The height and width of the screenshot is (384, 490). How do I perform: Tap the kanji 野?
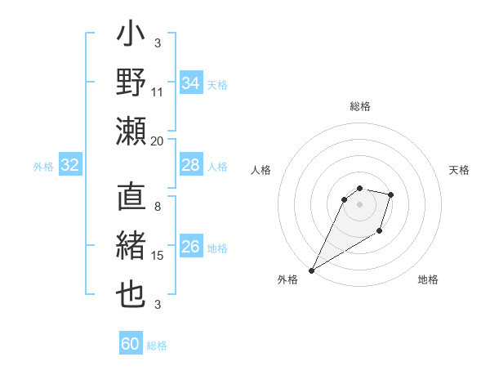[x=131, y=83]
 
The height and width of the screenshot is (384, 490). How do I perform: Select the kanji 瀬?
[x=131, y=131]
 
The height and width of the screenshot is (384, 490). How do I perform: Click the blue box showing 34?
[x=190, y=83]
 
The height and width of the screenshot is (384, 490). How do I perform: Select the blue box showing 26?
[x=190, y=248]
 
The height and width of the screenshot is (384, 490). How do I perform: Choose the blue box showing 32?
[x=70, y=166]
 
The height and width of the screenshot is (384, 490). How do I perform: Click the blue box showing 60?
[x=131, y=344]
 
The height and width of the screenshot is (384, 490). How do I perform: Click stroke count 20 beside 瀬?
[x=158, y=141]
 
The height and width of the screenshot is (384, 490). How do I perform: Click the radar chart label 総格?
[x=359, y=106]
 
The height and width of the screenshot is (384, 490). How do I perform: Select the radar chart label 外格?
[x=287, y=280]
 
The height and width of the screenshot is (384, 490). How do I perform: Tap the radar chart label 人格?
[x=261, y=170]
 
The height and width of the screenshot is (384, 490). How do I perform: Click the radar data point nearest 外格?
[x=311, y=270]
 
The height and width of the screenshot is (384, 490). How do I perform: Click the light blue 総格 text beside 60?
[x=157, y=346]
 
